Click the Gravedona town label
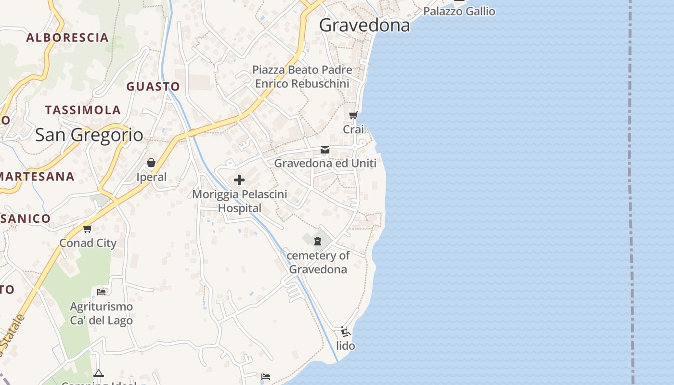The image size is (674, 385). click(x=364, y=25)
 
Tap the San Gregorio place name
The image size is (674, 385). click(x=89, y=135)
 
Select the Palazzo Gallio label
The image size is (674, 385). click(x=459, y=11)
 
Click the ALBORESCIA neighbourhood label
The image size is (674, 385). click(x=67, y=38)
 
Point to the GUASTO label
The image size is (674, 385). click(x=153, y=87)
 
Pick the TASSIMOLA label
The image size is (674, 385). click(x=83, y=110)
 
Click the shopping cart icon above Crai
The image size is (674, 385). click(x=353, y=115)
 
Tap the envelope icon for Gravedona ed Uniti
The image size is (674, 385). click(x=325, y=150)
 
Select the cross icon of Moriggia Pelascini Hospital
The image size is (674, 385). click(x=239, y=180)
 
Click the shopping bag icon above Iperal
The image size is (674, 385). click(x=151, y=163)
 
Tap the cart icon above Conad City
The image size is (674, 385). click(x=87, y=229)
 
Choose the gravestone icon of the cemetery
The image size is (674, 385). click(x=318, y=241)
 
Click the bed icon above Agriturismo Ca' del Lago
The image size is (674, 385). click(x=101, y=292)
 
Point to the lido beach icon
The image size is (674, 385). click(x=345, y=332)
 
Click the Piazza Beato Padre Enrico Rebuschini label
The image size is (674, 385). click(x=302, y=77)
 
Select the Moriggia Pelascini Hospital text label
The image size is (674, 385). click(x=240, y=201)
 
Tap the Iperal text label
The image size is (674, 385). click(x=151, y=177)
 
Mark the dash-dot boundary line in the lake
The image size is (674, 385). click(x=631, y=192)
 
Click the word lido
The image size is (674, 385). click(x=346, y=346)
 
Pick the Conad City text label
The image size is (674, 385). click(x=88, y=243)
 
